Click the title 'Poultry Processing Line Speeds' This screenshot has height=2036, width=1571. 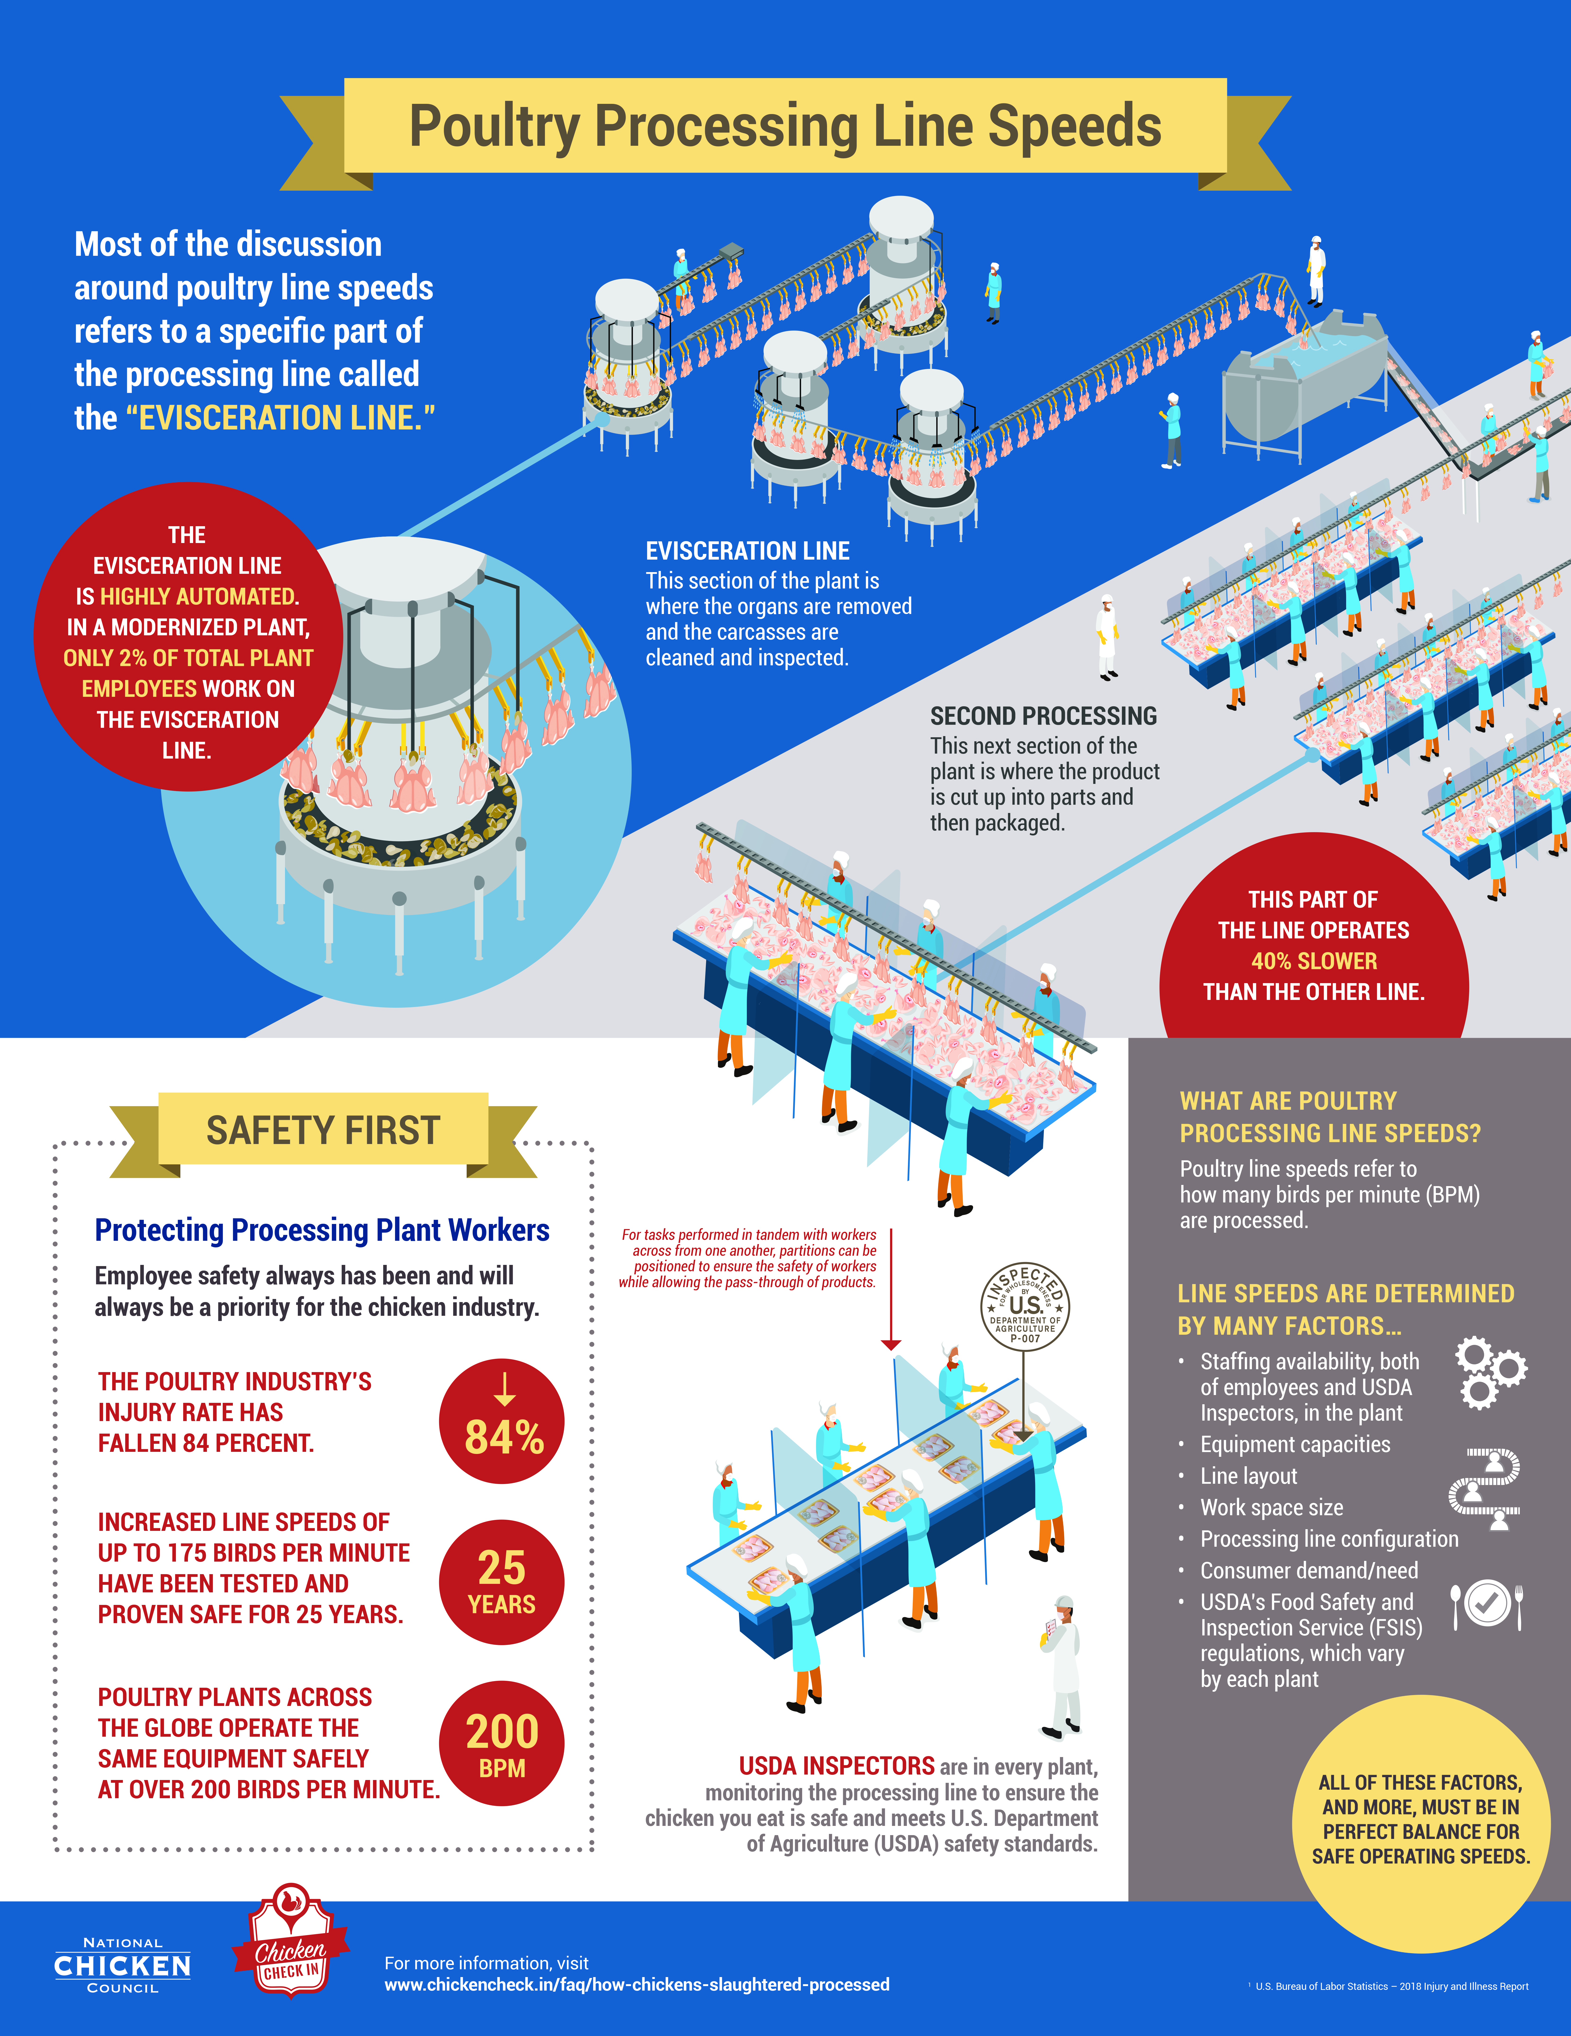(x=785, y=127)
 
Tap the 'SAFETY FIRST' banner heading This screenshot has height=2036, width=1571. (x=323, y=1130)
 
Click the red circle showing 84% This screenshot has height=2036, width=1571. (x=502, y=1422)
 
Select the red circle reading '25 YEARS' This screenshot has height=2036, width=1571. (x=502, y=1582)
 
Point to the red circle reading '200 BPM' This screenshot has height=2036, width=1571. (x=502, y=1743)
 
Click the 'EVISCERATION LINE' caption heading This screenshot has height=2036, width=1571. (x=748, y=551)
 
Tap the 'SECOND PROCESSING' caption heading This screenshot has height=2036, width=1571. (x=1043, y=716)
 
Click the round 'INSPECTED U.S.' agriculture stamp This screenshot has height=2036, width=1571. (x=1025, y=1305)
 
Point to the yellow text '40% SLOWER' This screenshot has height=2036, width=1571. (x=1314, y=961)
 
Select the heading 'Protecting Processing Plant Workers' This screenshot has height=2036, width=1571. (x=323, y=1231)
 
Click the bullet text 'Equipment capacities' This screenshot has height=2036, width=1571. (x=1295, y=1444)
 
